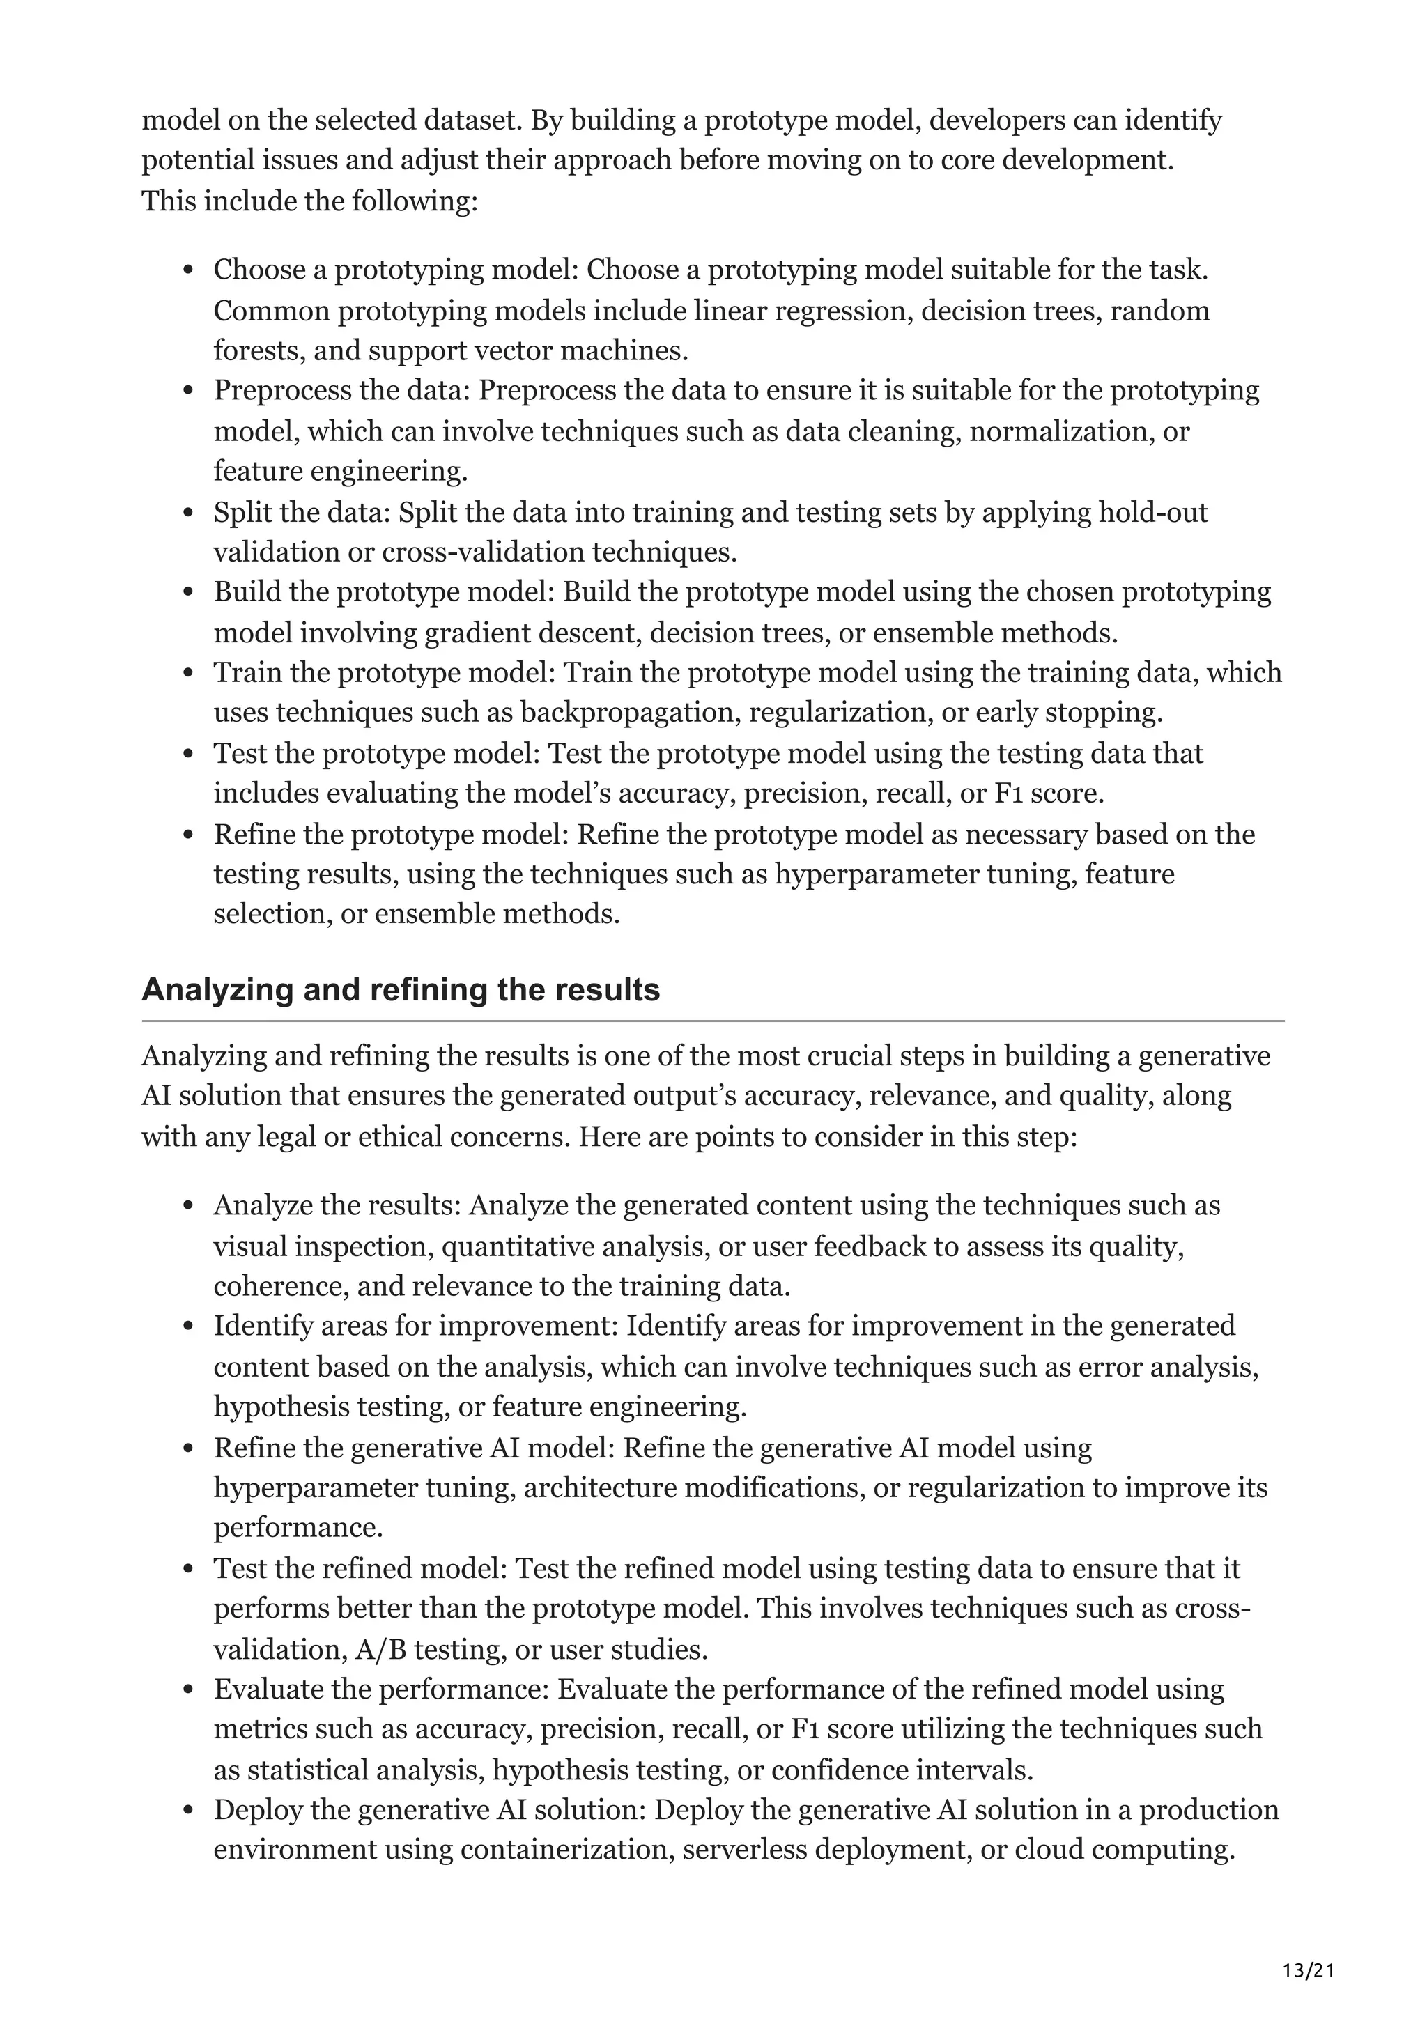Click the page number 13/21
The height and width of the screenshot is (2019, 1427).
(1309, 1946)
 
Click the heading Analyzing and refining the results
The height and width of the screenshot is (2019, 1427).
(400, 990)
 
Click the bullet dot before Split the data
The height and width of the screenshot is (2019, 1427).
(187, 513)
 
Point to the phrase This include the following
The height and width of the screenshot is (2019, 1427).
(309, 201)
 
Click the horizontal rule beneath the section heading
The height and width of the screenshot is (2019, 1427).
(712, 1021)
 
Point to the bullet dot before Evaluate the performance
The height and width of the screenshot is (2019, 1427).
(187, 1691)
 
